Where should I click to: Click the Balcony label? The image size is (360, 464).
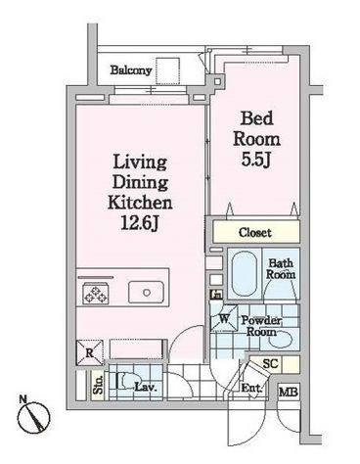tap(131, 70)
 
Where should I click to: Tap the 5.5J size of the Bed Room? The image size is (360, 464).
tap(256, 160)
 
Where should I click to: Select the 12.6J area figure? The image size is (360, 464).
tap(140, 223)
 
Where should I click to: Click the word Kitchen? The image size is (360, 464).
tap(140, 203)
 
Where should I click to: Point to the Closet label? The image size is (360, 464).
tap(255, 233)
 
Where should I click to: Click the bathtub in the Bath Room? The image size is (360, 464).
tap(244, 274)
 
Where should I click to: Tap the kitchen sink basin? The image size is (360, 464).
tap(146, 292)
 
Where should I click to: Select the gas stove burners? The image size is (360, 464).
tap(96, 294)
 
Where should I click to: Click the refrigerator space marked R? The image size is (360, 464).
tap(89, 352)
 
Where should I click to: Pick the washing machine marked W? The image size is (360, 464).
tap(224, 318)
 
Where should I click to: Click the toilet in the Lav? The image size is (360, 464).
tap(121, 381)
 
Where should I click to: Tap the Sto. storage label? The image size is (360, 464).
tap(98, 385)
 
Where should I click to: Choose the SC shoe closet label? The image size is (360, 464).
tap(270, 363)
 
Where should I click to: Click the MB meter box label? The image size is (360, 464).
tap(289, 392)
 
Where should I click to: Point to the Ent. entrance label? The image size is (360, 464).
tap(251, 389)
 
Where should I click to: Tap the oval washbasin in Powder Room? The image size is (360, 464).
tap(281, 340)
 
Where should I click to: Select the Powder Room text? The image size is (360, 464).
tap(261, 326)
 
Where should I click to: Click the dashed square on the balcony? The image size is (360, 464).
tap(167, 70)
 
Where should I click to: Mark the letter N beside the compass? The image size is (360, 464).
tap(22, 398)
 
